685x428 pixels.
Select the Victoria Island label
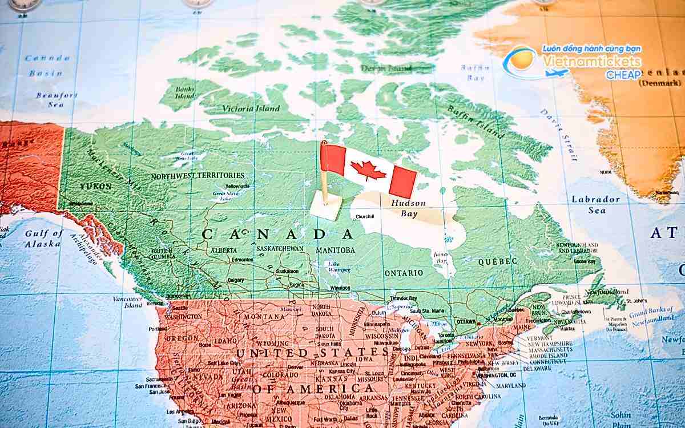pos(251,108)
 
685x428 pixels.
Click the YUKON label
pos(96,187)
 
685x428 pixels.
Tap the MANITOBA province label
pos(335,251)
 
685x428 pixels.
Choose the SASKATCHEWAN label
pos(280,249)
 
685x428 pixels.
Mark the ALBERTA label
pos(224,251)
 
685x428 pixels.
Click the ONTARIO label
pos(404,273)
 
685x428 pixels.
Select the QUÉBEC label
pos(498,261)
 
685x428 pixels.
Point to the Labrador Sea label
pos(596,204)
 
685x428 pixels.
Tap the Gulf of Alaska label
pos(43,239)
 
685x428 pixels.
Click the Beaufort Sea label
pos(56,100)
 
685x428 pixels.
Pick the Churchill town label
pos(365,217)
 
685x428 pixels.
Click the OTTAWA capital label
pos(466,322)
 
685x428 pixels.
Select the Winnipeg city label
pos(340,288)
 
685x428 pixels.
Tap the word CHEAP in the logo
pos(623,75)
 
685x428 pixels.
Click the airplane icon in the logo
pos(557,72)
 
